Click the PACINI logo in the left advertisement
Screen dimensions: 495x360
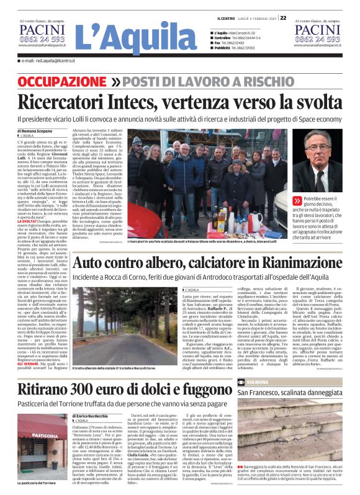(40, 32)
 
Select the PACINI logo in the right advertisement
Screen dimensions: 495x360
(318, 32)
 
